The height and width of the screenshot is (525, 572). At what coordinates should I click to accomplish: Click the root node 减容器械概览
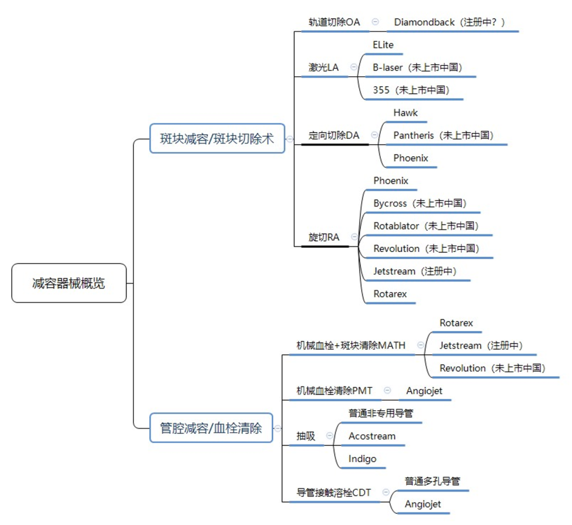[x=69, y=283]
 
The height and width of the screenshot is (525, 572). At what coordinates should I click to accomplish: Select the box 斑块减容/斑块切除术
[x=217, y=139]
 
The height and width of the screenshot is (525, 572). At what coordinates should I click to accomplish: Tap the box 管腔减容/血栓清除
[x=211, y=428]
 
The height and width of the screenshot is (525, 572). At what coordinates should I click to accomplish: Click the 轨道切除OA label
[x=334, y=22]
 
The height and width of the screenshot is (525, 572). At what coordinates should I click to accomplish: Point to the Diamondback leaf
[x=449, y=22]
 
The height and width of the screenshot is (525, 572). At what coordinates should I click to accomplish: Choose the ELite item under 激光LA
[x=383, y=45]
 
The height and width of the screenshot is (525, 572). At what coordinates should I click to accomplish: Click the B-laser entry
[x=417, y=68]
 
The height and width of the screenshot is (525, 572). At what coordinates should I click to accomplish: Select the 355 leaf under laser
[x=411, y=90]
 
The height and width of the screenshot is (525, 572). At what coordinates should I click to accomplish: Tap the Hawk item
[x=406, y=113]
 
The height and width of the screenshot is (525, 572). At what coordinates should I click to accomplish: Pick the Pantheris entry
[x=443, y=135]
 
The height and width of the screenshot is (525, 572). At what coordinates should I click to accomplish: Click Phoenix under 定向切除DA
[x=411, y=158]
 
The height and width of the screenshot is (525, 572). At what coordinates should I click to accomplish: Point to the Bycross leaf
[x=419, y=203]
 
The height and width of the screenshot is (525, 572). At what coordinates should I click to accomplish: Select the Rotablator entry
[x=426, y=226]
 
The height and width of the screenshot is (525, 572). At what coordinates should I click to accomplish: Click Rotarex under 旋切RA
[x=390, y=294]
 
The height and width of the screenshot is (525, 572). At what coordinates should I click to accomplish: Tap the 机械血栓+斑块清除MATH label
[x=351, y=346]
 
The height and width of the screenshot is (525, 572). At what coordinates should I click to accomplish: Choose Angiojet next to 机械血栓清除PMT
[x=424, y=391]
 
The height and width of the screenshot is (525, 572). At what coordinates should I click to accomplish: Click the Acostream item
[x=372, y=437]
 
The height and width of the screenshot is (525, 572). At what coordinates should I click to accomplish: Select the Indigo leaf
[x=362, y=459]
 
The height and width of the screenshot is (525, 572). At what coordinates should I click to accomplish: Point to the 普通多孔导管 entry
[x=432, y=482]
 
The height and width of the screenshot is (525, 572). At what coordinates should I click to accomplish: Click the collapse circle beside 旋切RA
[x=354, y=237]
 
